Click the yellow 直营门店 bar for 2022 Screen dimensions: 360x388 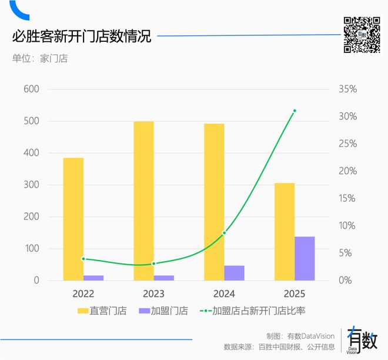tap(73, 219)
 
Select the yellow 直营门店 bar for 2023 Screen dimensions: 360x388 tap(143, 201)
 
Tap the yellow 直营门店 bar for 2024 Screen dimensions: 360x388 tap(214, 202)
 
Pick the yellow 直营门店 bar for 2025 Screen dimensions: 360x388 tap(285, 231)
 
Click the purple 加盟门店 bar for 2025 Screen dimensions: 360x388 tap(305, 258)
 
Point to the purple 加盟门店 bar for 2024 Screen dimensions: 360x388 tap(234, 273)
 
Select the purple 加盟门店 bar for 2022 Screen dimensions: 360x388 tap(93, 278)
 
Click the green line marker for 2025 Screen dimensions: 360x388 tap(295, 111)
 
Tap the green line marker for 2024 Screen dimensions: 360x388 tap(224, 233)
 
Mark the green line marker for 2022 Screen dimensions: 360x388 tap(83, 259)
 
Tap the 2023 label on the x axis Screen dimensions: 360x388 tap(153, 294)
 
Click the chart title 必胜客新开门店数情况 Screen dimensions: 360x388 tap(82, 36)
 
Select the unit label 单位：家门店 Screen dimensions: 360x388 tap(40, 59)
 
